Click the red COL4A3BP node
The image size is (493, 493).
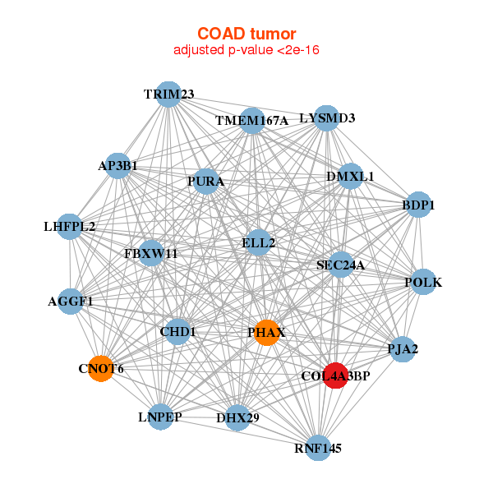tap(336, 376)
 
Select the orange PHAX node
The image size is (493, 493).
tap(266, 333)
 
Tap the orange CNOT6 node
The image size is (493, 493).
tap(101, 368)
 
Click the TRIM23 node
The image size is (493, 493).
tap(168, 94)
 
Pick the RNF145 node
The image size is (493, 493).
tap(319, 448)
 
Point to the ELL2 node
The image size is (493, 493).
tap(259, 242)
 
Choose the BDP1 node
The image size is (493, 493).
tap(418, 205)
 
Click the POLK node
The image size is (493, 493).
tap(424, 282)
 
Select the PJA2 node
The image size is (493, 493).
tap(403, 349)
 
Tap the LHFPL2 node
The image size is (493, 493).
tap(70, 227)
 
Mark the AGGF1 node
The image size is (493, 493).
tap(71, 302)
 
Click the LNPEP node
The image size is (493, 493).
tap(161, 417)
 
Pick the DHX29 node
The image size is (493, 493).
tap(238, 418)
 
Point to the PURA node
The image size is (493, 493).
tap(206, 181)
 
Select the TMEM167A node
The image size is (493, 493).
tap(252, 121)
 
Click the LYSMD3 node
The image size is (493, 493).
tap(327, 118)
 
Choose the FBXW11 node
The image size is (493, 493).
tap(151, 253)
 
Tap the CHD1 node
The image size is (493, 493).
tap(177, 332)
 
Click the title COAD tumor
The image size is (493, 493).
tap(246, 34)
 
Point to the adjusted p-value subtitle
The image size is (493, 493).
tap(246, 50)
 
